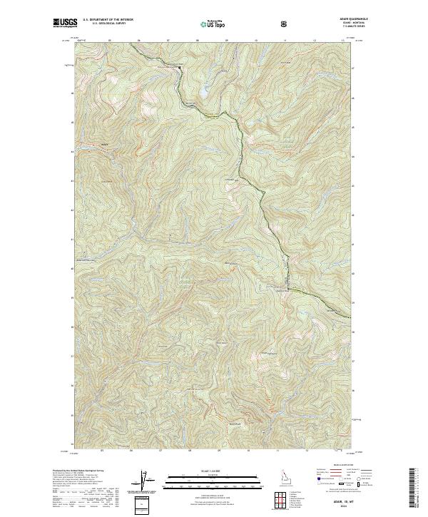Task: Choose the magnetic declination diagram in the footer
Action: tap(150, 483)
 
